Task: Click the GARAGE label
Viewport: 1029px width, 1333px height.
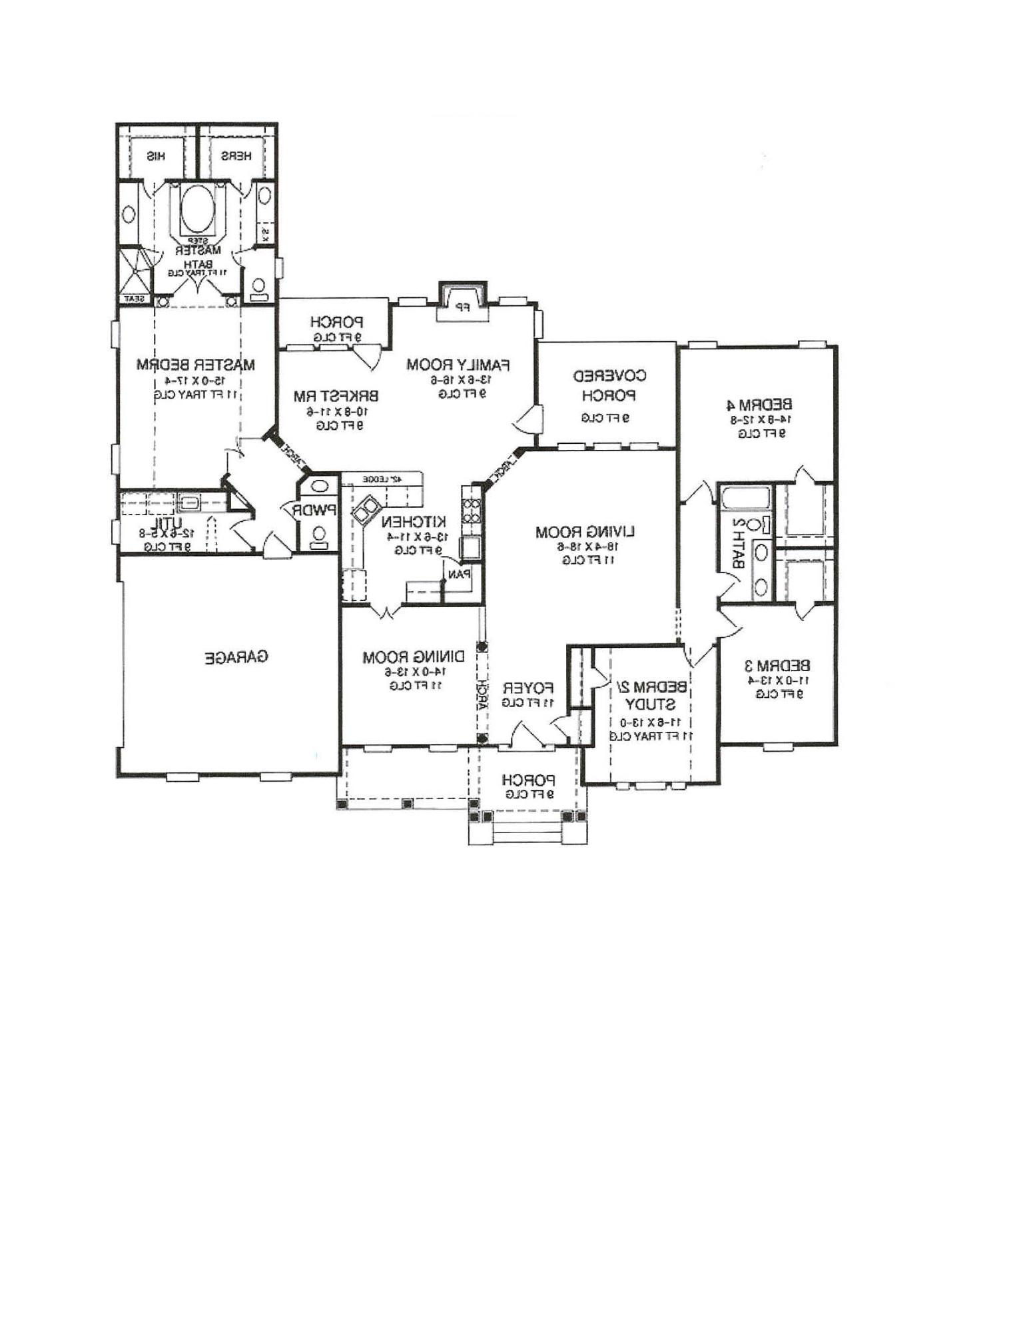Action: pos(236,657)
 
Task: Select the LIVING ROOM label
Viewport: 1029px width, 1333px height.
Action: pos(585,532)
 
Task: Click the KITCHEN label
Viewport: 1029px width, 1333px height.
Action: pos(414,521)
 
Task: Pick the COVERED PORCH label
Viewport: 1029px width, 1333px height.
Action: pos(609,385)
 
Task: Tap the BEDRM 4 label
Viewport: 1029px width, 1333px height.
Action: pos(759,404)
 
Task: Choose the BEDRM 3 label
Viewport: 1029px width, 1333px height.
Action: pos(777,665)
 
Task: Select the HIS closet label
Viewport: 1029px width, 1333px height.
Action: pos(156,157)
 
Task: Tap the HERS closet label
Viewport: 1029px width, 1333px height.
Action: pos(236,157)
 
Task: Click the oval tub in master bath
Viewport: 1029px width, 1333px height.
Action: pos(198,207)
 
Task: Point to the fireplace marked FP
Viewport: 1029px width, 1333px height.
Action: pos(462,307)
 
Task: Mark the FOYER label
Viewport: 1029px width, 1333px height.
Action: pos(527,687)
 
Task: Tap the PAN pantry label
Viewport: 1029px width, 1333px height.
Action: pos(460,573)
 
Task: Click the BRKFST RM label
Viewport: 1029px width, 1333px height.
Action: pos(336,396)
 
